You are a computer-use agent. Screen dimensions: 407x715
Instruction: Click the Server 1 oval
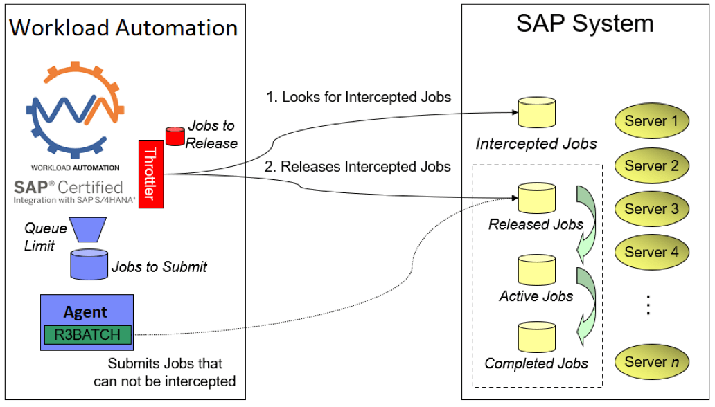pyautogui.click(x=651, y=121)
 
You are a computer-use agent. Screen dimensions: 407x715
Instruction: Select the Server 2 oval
pyautogui.click(x=651, y=165)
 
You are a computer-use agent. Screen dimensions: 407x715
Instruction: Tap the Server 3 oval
pyautogui.click(x=651, y=209)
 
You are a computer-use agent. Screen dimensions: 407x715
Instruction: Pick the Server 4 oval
pyautogui.click(x=651, y=253)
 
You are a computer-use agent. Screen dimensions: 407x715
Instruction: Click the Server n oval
pyautogui.click(x=651, y=361)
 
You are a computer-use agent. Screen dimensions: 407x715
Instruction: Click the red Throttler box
pyautogui.click(x=150, y=174)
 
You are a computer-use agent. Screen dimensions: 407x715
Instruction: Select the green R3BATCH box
pyautogui.click(x=87, y=335)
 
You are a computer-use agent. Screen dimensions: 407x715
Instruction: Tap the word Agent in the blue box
pyautogui.click(x=85, y=311)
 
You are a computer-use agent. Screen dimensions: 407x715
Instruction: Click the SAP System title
pyautogui.click(x=585, y=24)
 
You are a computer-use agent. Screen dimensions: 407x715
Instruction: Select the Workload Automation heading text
pyautogui.click(x=123, y=28)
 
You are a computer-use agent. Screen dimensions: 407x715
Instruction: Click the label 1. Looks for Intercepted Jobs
pyautogui.click(x=359, y=98)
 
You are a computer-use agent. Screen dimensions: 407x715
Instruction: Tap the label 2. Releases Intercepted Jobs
pyautogui.click(x=359, y=166)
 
